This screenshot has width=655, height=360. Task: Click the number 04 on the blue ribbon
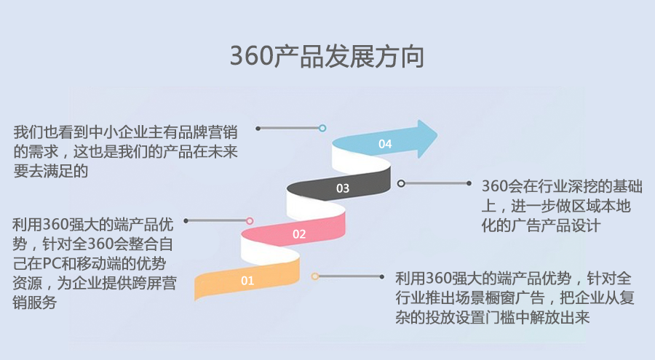click(x=385, y=144)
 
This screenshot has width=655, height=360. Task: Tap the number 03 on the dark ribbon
click(x=343, y=188)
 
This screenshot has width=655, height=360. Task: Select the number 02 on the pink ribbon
click(x=299, y=234)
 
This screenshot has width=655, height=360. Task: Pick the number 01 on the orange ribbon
click(x=247, y=280)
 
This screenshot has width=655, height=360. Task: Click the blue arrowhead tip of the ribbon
click(x=437, y=136)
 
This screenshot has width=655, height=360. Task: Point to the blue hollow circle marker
click(x=322, y=128)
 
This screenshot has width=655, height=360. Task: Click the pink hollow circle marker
click(x=250, y=221)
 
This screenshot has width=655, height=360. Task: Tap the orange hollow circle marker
click(x=315, y=276)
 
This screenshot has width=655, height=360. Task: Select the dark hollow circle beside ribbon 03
click(x=401, y=183)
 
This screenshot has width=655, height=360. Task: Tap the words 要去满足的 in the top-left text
click(x=51, y=171)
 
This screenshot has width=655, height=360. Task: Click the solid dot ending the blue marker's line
click(x=258, y=128)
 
